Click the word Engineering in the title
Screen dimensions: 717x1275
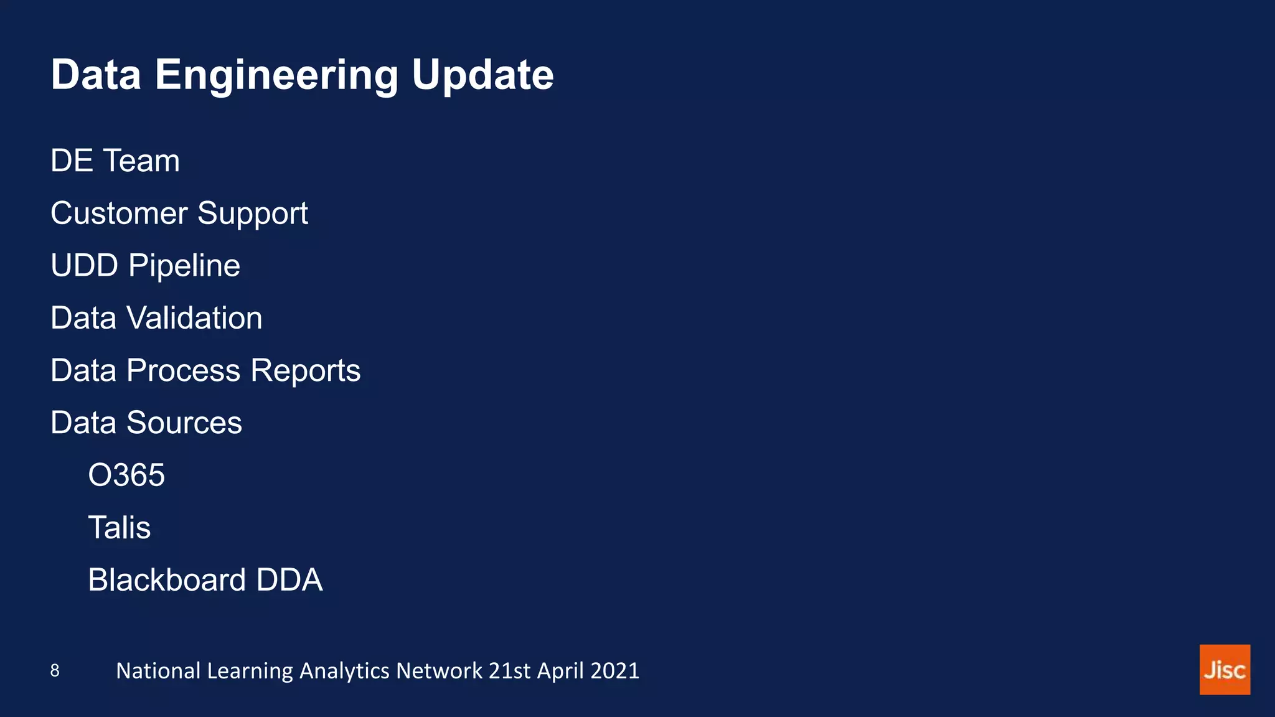pyautogui.click(x=276, y=75)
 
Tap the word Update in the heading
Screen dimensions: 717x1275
pyautogui.click(x=482, y=75)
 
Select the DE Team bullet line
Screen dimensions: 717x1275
pyautogui.click(x=115, y=161)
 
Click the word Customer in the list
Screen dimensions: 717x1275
pyautogui.click(x=119, y=213)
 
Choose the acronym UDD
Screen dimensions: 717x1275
pyautogui.click(x=85, y=266)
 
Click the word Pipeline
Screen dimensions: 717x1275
pyautogui.click(x=184, y=266)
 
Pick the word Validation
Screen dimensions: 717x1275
pyautogui.click(x=194, y=318)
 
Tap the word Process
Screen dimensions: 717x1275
pyautogui.click(x=183, y=371)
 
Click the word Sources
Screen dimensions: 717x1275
pyautogui.click(x=184, y=423)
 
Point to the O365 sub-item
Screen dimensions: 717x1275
pyautogui.click(x=126, y=476)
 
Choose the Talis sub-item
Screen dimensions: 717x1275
pyautogui.click(x=119, y=528)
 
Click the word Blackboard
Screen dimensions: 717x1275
pyautogui.click(x=167, y=580)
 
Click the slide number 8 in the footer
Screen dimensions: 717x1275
pyautogui.click(x=55, y=670)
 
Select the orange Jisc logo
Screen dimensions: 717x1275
pyautogui.click(x=1225, y=670)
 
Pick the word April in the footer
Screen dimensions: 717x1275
pyautogui.click(x=560, y=671)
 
